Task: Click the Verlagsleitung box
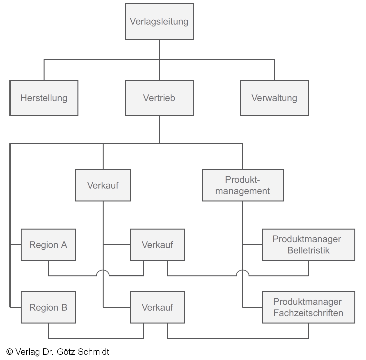(x=159, y=21)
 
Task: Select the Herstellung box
(x=44, y=98)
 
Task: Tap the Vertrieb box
(x=159, y=98)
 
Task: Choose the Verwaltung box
(x=274, y=98)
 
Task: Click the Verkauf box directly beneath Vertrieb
(x=103, y=185)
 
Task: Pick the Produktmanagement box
(x=242, y=185)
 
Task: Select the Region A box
(x=48, y=245)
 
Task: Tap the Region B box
(x=48, y=307)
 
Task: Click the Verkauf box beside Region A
(x=158, y=245)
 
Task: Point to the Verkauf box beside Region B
(x=158, y=307)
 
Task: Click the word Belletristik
(x=308, y=251)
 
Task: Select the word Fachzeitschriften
(x=308, y=313)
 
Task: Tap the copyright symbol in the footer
(x=10, y=352)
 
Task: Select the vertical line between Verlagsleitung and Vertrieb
(x=159, y=60)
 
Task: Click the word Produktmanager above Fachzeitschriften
(x=307, y=302)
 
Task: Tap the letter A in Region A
(x=64, y=245)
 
